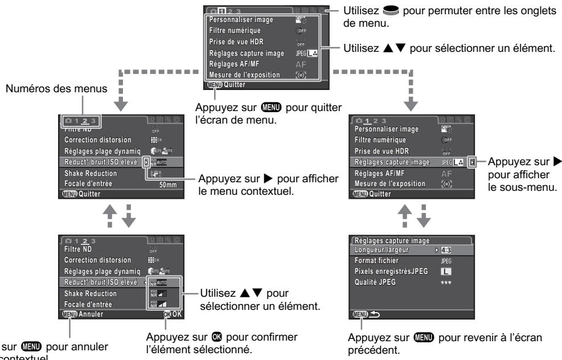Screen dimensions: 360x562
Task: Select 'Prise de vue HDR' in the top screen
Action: pyautogui.click(x=234, y=42)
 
